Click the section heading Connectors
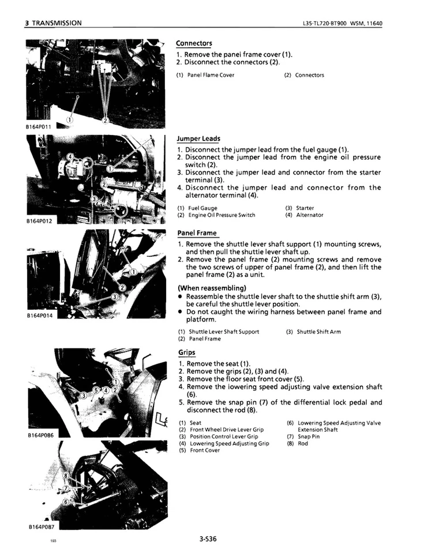click(194, 43)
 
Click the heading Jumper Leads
click(198, 138)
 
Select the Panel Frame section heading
click(197, 233)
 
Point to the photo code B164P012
click(38, 220)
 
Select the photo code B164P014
click(38, 316)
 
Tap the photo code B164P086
click(39, 436)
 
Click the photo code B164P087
click(39, 527)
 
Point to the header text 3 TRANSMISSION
click(53, 23)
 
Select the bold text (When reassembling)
click(212, 288)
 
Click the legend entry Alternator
click(310, 215)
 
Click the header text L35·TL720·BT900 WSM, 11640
click(342, 23)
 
